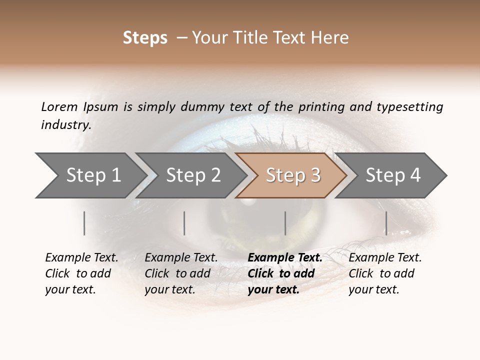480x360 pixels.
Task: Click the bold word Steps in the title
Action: tap(145, 38)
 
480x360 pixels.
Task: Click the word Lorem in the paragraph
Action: tap(59, 107)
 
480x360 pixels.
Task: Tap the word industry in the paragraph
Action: tap(66, 125)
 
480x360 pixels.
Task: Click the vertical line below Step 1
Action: tap(84, 223)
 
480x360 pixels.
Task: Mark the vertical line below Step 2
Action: tap(184, 223)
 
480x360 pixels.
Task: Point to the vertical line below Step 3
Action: tap(285, 223)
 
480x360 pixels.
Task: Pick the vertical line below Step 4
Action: tap(386, 223)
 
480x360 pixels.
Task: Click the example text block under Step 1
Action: tap(81, 273)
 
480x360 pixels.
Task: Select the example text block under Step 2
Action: tap(181, 273)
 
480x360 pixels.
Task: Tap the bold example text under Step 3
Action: tap(284, 273)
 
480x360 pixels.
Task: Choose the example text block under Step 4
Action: tap(385, 273)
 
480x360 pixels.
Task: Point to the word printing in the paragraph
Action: tap(320, 107)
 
